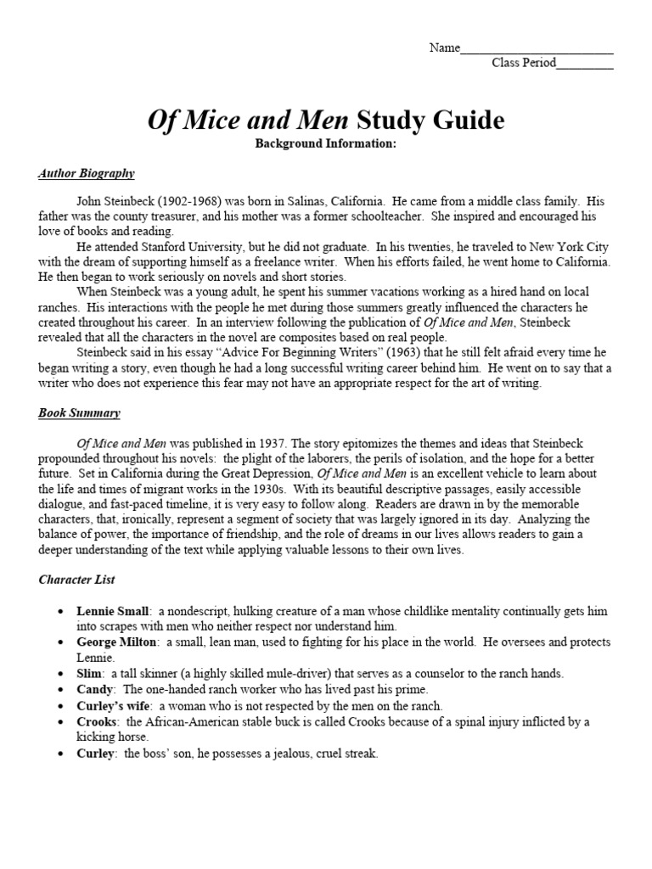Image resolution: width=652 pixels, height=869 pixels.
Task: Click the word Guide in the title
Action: [464, 121]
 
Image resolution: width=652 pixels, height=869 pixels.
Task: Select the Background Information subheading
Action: [326, 143]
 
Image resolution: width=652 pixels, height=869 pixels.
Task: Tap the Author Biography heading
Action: [86, 173]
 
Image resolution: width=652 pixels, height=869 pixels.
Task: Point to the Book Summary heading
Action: [79, 413]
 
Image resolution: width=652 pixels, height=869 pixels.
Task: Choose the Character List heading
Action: [77, 580]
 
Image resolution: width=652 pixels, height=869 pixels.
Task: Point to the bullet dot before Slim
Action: [59, 674]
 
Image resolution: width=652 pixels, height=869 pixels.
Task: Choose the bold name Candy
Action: [94, 689]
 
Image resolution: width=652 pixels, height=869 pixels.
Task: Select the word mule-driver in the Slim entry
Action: [288, 674]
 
